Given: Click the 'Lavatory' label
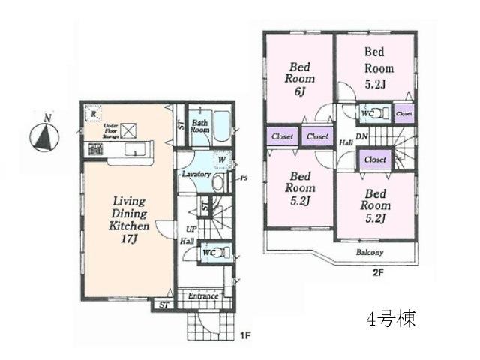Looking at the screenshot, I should click(194, 174).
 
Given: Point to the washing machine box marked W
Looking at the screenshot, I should click(223, 160).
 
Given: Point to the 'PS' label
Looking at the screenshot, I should click(244, 178).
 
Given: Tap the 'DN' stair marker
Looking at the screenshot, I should click(361, 136).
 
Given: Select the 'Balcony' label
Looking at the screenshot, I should click(369, 252).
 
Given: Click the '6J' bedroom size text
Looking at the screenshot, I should click(300, 92).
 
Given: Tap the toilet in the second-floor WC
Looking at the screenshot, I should click(377, 113).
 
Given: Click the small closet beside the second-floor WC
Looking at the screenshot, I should click(403, 113).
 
